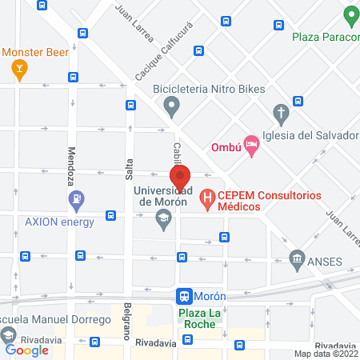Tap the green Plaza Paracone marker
[350, 15]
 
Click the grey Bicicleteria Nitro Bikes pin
[170, 104]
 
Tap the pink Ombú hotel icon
[252, 146]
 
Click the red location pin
[180, 178]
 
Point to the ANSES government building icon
[297, 259]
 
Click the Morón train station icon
[184, 295]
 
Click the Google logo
[26, 350]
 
